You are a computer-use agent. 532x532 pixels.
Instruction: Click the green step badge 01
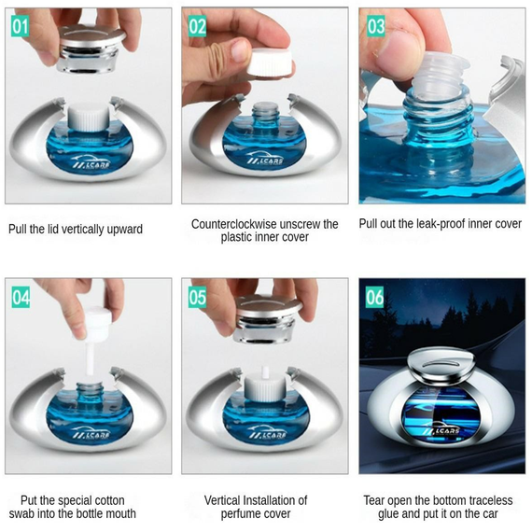[20, 26]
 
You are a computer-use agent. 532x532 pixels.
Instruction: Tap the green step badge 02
[197, 26]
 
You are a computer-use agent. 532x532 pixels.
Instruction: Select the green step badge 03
[376, 26]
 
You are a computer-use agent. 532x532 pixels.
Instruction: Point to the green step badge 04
[21, 297]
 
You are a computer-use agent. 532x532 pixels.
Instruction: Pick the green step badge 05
[198, 297]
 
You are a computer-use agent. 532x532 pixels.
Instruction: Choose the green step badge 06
[374, 297]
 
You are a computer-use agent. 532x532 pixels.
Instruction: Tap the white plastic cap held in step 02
[269, 63]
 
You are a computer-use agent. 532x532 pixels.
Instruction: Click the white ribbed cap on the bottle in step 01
[88, 117]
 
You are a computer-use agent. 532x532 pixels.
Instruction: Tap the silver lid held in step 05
[266, 319]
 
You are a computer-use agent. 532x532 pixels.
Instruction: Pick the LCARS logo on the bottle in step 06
[441, 430]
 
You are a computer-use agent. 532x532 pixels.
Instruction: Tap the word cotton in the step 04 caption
[108, 501]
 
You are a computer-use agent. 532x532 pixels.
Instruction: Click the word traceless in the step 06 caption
[489, 500]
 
